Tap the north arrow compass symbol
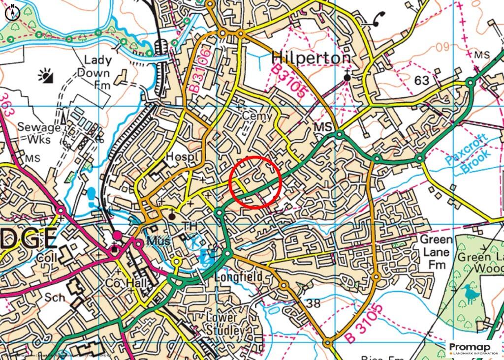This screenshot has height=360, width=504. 12,11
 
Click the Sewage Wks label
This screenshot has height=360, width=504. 39,133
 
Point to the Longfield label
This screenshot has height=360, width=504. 238,277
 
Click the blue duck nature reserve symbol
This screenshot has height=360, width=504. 471,293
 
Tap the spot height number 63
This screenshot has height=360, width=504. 422,81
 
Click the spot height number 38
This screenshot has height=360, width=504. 313,303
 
